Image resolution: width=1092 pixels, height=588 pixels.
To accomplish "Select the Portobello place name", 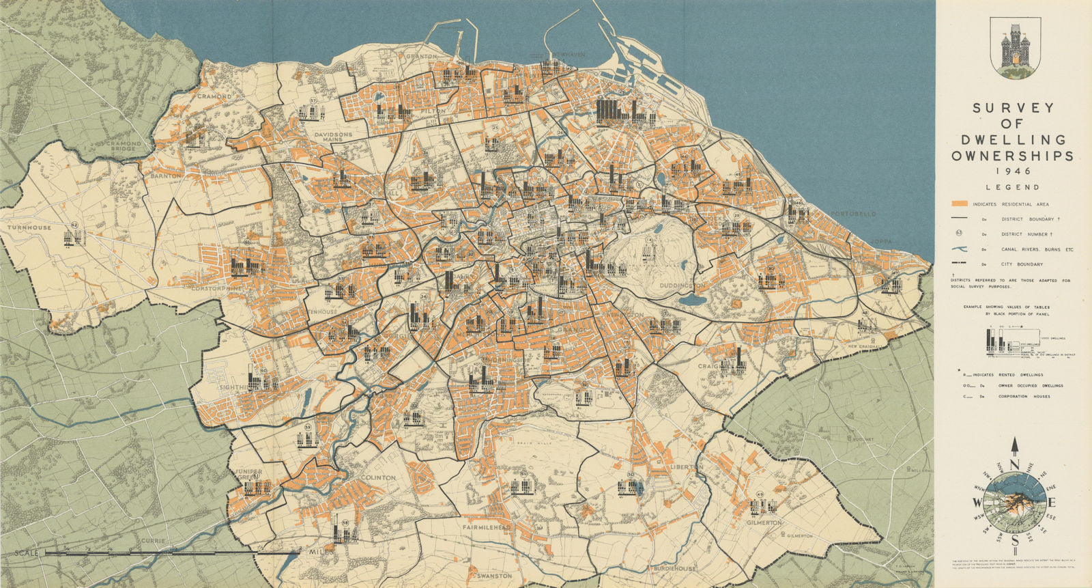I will [x=853, y=214].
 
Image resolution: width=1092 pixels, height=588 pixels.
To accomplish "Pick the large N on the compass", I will [x=1014, y=466].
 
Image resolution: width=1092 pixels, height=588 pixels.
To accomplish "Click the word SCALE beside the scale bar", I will [x=23, y=552].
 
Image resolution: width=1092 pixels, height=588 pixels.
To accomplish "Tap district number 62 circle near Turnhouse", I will [x=74, y=225].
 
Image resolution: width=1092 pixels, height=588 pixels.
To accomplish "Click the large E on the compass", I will [x=1053, y=503].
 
